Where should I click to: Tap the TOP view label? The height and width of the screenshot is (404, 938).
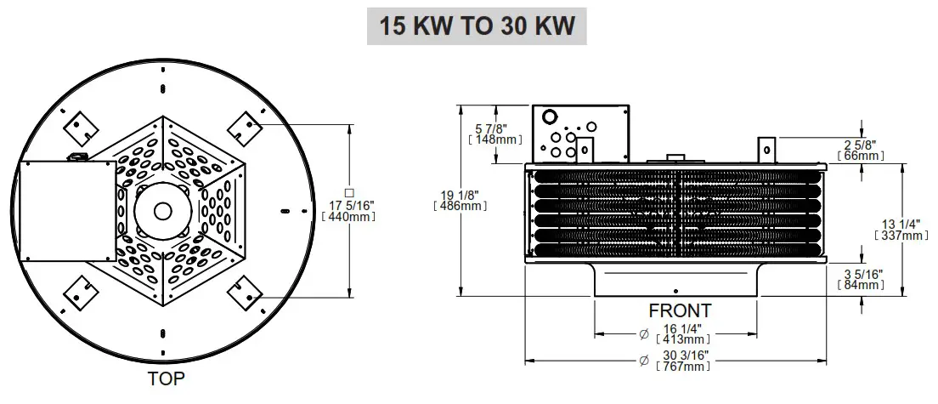(165, 378)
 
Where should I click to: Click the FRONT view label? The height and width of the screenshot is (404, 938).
(680, 310)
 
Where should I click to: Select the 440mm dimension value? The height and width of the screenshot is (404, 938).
(348, 216)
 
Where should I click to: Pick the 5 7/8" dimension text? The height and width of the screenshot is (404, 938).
(494, 128)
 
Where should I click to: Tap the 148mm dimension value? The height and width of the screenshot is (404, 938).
(494, 139)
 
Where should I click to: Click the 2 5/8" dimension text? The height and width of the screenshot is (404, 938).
(860, 145)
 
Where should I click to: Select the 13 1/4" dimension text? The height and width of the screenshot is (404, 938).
(902, 224)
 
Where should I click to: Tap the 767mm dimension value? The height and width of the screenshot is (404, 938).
(682, 367)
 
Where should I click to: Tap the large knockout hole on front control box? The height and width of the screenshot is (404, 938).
(549, 117)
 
